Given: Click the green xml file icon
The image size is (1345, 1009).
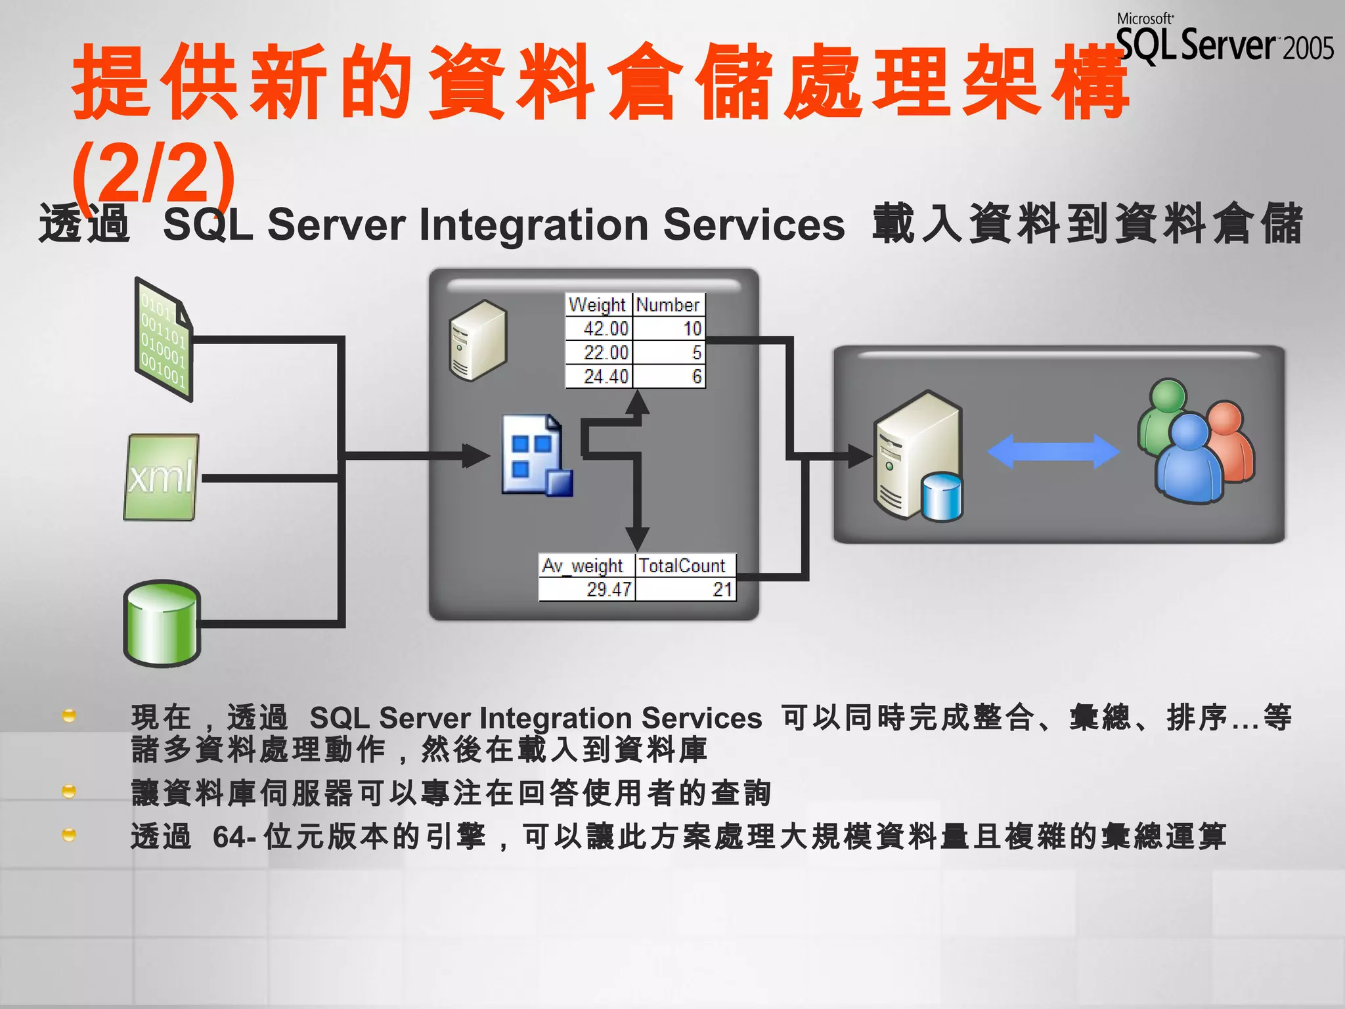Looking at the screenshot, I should tap(161, 477).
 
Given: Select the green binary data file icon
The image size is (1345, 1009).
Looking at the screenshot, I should tap(163, 339).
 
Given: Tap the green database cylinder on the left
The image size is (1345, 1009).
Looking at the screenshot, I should tap(162, 623).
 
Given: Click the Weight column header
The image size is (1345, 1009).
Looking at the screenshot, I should tap(598, 305).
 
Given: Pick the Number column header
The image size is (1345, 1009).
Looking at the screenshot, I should tap(668, 305).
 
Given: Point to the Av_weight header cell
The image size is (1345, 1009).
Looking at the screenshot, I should tap(583, 566).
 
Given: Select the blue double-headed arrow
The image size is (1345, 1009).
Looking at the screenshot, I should tap(1053, 451).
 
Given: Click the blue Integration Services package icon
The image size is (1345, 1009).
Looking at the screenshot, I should tap(535, 455).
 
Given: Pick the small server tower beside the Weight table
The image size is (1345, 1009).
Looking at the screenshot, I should tap(477, 340).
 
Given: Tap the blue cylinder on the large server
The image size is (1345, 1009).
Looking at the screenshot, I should tap(941, 497).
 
